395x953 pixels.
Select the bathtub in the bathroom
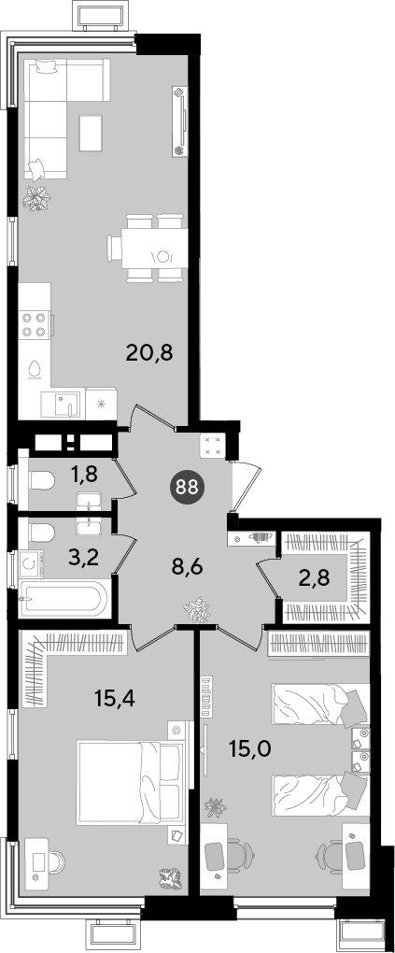click(x=63, y=599)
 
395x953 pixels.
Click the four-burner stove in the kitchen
click(x=35, y=324)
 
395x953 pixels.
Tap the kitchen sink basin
click(x=63, y=404)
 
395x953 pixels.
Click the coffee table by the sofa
click(x=92, y=132)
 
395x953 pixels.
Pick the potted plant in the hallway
click(x=197, y=609)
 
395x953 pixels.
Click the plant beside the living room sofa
click(x=37, y=198)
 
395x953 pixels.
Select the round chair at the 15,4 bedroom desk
click(x=57, y=862)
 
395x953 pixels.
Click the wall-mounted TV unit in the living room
click(x=180, y=121)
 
